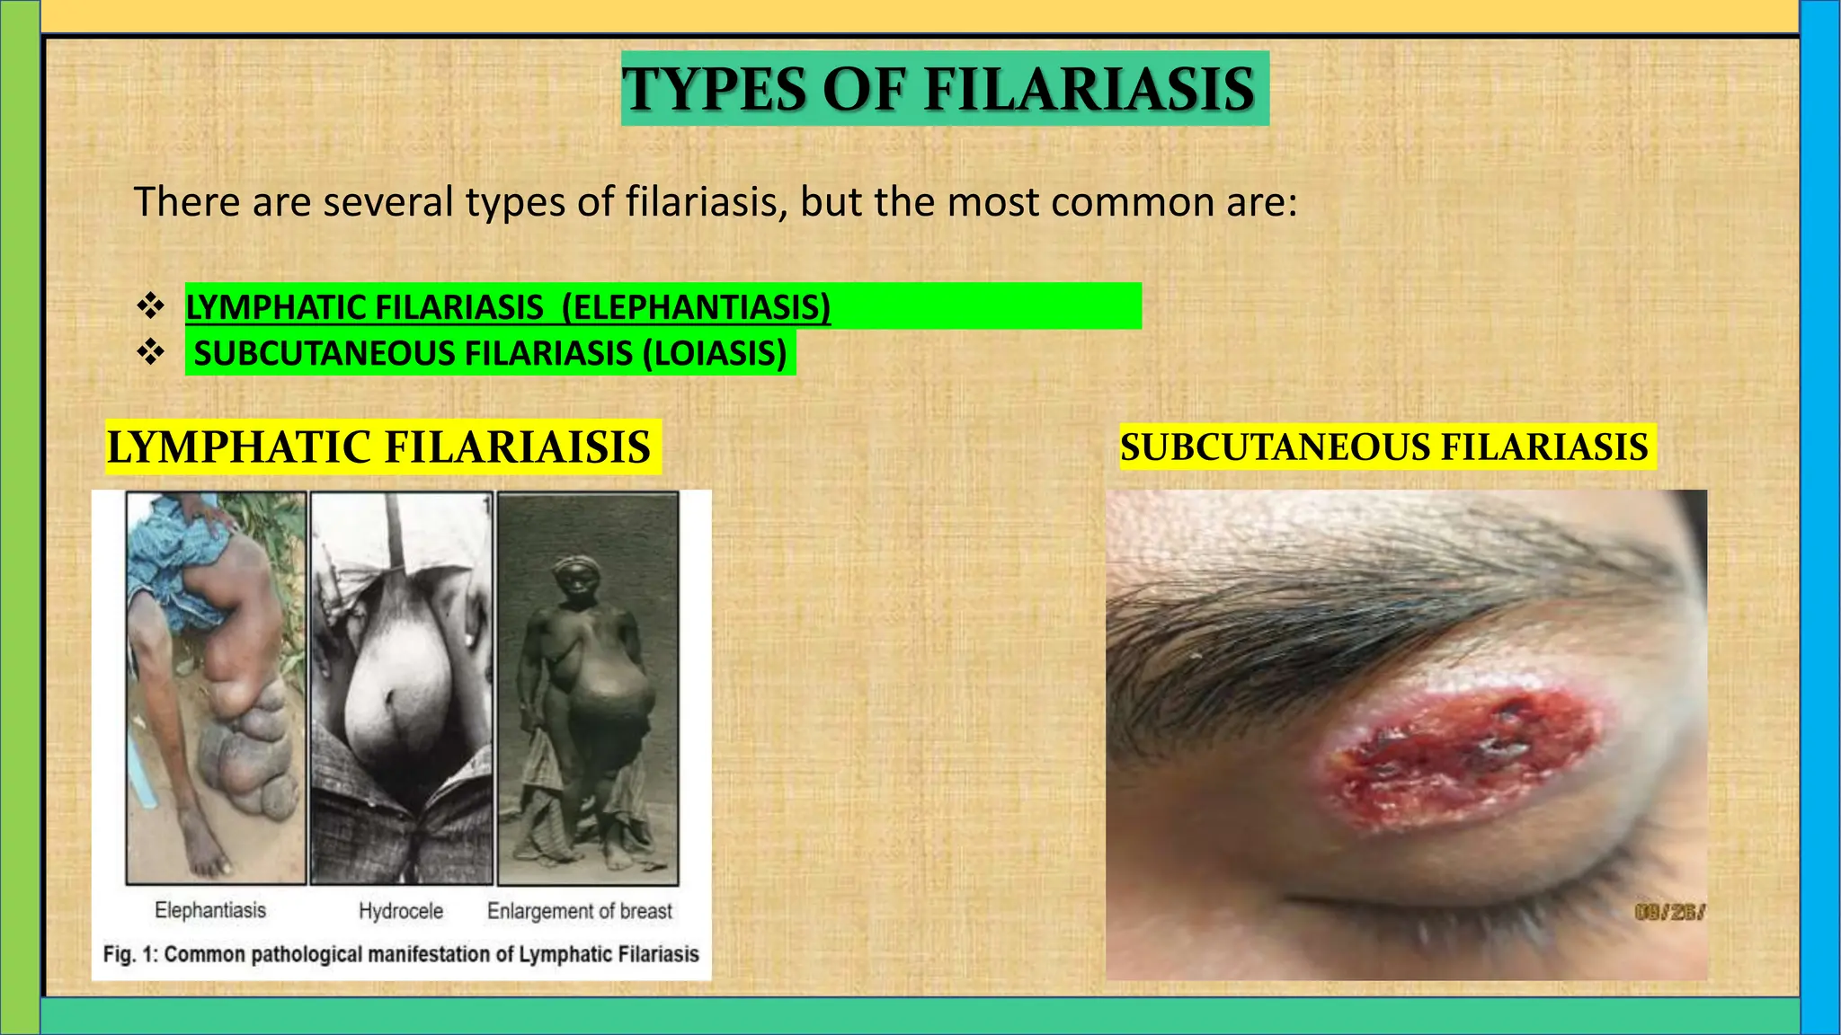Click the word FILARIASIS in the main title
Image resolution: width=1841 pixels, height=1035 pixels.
(1089, 89)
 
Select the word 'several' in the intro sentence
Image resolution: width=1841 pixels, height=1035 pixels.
(391, 201)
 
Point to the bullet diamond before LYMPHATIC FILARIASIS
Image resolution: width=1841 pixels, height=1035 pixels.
(149, 306)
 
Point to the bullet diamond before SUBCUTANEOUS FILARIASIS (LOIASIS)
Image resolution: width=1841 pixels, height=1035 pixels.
(149, 352)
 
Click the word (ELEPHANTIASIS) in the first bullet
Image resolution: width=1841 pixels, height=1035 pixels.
(696, 307)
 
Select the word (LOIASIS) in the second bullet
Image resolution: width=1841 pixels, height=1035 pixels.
(715, 353)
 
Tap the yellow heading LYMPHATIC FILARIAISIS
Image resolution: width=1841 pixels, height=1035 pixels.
(378, 447)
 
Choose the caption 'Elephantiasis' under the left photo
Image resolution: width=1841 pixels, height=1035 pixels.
(210, 910)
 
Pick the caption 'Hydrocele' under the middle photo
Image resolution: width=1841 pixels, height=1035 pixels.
(401, 911)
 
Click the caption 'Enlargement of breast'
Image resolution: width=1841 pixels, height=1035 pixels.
(580, 911)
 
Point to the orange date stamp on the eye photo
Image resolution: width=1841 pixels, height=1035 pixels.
(1668, 913)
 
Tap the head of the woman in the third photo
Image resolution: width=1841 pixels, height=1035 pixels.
(574, 575)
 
